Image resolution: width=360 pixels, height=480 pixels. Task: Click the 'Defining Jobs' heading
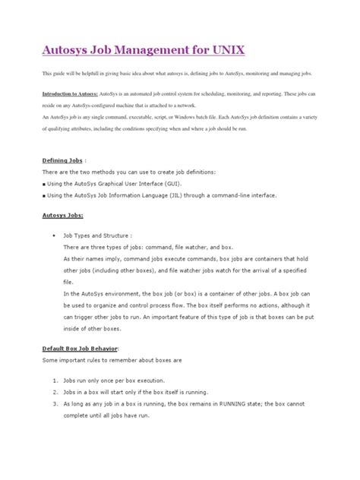[x=62, y=161]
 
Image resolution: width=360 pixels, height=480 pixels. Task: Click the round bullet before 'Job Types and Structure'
[x=52, y=237]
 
